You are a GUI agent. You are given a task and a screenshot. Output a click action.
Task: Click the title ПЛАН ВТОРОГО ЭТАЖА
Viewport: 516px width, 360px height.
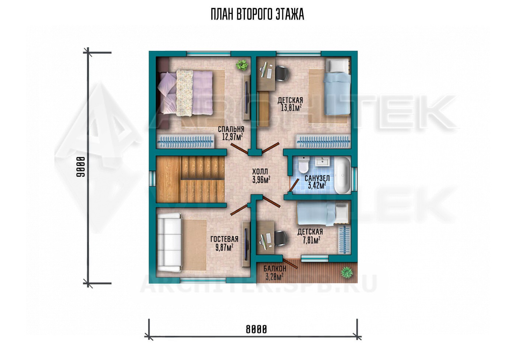pyautogui.click(x=258, y=14)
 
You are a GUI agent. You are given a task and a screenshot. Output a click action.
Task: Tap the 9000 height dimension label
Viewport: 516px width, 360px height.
pyautogui.click(x=81, y=167)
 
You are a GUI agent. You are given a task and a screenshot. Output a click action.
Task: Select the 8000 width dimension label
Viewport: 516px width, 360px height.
pyautogui.click(x=256, y=329)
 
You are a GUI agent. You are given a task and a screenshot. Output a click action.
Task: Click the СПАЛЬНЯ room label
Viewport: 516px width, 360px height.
pyautogui.click(x=231, y=129)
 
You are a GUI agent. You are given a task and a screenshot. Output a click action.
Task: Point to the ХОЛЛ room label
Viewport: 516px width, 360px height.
pyautogui.click(x=260, y=172)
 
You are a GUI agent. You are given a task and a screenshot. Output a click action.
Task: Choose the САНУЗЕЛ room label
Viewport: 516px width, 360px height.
pyautogui.click(x=317, y=179)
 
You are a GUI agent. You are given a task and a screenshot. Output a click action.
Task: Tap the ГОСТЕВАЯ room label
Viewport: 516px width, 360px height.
pyautogui.click(x=224, y=239)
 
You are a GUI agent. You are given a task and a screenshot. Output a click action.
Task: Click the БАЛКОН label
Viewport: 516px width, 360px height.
pyautogui.click(x=275, y=269)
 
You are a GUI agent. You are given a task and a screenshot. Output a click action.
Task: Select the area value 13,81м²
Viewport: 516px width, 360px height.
pyautogui.click(x=291, y=108)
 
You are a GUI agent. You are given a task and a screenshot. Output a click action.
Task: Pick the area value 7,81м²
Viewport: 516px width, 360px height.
pyautogui.click(x=312, y=240)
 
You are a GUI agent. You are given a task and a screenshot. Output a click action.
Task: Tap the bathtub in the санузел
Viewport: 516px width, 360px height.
pyautogui.click(x=342, y=176)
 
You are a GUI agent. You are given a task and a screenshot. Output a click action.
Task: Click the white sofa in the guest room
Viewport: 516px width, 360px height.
pyautogui.click(x=169, y=243)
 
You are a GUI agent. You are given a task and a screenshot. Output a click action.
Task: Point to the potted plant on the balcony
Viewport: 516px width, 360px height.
pyautogui.click(x=347, y=273)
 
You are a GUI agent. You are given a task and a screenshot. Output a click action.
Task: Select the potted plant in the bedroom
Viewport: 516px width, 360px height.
pyautogui.click(x=242, y=65)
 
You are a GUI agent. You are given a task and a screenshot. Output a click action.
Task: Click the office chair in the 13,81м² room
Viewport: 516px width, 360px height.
pyautogui.click(x=282, y=73)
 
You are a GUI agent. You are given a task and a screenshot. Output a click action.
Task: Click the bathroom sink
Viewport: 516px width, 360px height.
pyautogui.click(x=322, y=161)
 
